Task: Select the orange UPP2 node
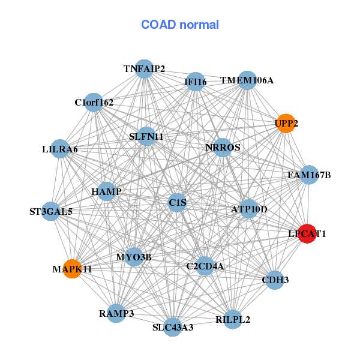(x=286, y=123)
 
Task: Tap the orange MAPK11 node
(x=73, y=268)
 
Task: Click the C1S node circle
(x=178, y=203)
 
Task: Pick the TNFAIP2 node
(x=143, y=68)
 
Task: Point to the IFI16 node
(x=196, y=81)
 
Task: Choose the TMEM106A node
(x=247, y=80)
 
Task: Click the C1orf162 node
(x=93, y=103)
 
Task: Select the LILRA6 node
(x=60, y=148)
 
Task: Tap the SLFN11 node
(x=146, y=136)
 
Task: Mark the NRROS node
(x=223, y=148)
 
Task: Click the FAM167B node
(x=309, y=175)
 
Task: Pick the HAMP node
(x=107, y=191)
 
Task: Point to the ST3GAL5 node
(x=51, y=211)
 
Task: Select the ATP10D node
(x=249, y=209)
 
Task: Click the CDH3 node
(x=274, y=280)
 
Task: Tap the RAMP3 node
(x=116, y=313)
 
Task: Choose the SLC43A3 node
(x=173, y=327)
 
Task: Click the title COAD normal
(x=180, y=25)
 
